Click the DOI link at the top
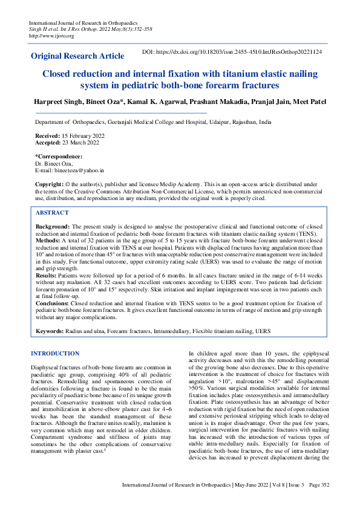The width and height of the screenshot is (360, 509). point(232,53)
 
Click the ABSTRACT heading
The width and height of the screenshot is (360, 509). point(52,213)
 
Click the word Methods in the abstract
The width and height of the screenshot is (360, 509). point(49,239)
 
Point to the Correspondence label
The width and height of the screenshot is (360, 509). point(59,157)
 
